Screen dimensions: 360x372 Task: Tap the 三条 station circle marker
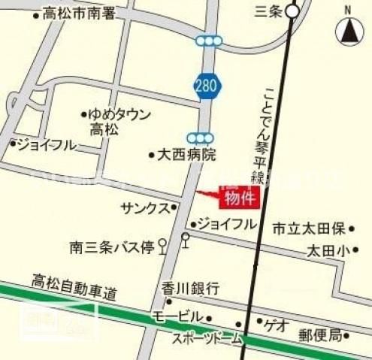293,11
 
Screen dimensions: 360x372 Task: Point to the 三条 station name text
268,11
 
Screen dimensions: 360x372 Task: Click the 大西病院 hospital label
186,155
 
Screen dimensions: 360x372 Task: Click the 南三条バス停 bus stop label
110,247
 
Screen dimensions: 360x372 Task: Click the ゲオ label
276,324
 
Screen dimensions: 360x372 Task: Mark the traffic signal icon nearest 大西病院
201,138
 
